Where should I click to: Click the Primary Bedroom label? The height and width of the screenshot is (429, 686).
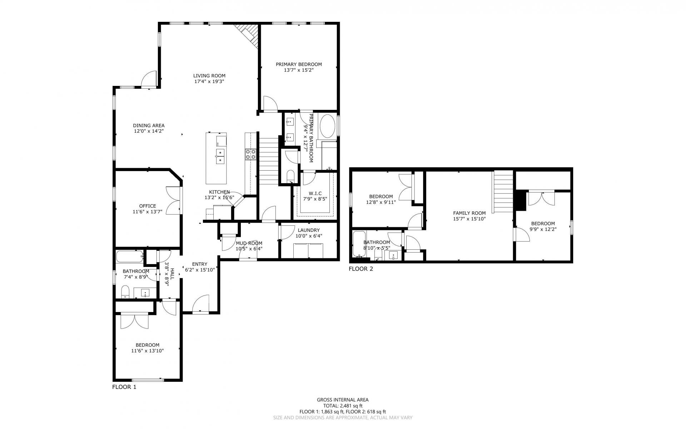coord(299,64)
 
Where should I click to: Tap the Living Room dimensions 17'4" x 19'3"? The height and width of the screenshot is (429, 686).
coord(209,82)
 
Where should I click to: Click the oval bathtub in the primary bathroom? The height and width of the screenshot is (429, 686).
coord(328,126)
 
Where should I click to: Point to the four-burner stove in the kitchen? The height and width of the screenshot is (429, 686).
coord(250,154)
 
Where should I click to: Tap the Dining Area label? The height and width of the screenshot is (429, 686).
coord(149,126)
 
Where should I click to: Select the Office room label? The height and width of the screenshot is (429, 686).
coord(148,206)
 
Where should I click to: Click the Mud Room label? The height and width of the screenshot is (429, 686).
coord(249,243)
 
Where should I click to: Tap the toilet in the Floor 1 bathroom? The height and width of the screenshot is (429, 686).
coord(125,292)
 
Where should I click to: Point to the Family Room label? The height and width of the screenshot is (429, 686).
coord(469,213)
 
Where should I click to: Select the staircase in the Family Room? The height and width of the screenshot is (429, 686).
coord(503,191)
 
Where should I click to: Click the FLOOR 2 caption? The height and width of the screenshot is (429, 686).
coord(361,269)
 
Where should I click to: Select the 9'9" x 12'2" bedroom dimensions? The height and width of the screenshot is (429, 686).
coord(542,229)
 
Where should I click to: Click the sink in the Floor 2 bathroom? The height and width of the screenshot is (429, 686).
coord(393,256)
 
